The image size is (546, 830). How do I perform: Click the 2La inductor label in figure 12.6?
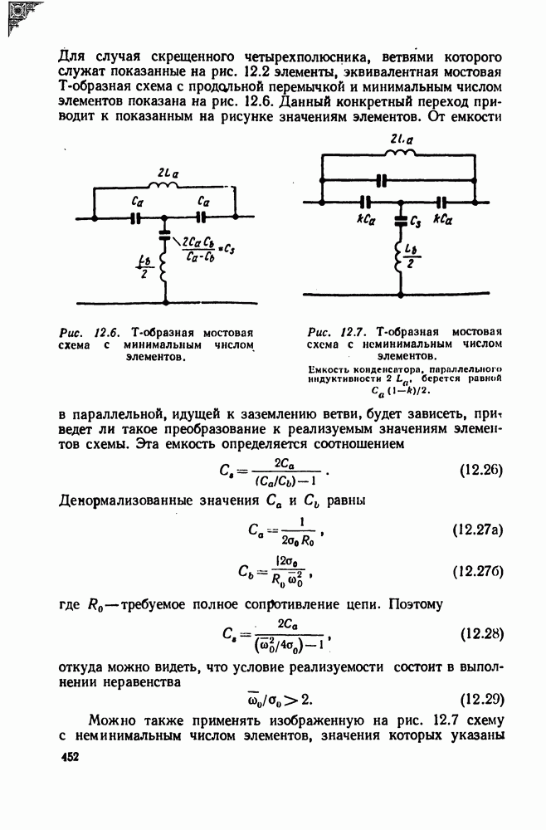164,173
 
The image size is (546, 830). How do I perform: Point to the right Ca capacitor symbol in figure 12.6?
200,218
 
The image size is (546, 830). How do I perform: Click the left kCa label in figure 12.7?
366,220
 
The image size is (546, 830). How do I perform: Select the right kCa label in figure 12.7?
442,220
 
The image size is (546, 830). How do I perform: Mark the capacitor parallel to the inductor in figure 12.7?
381,179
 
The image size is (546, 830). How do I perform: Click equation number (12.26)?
482,470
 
